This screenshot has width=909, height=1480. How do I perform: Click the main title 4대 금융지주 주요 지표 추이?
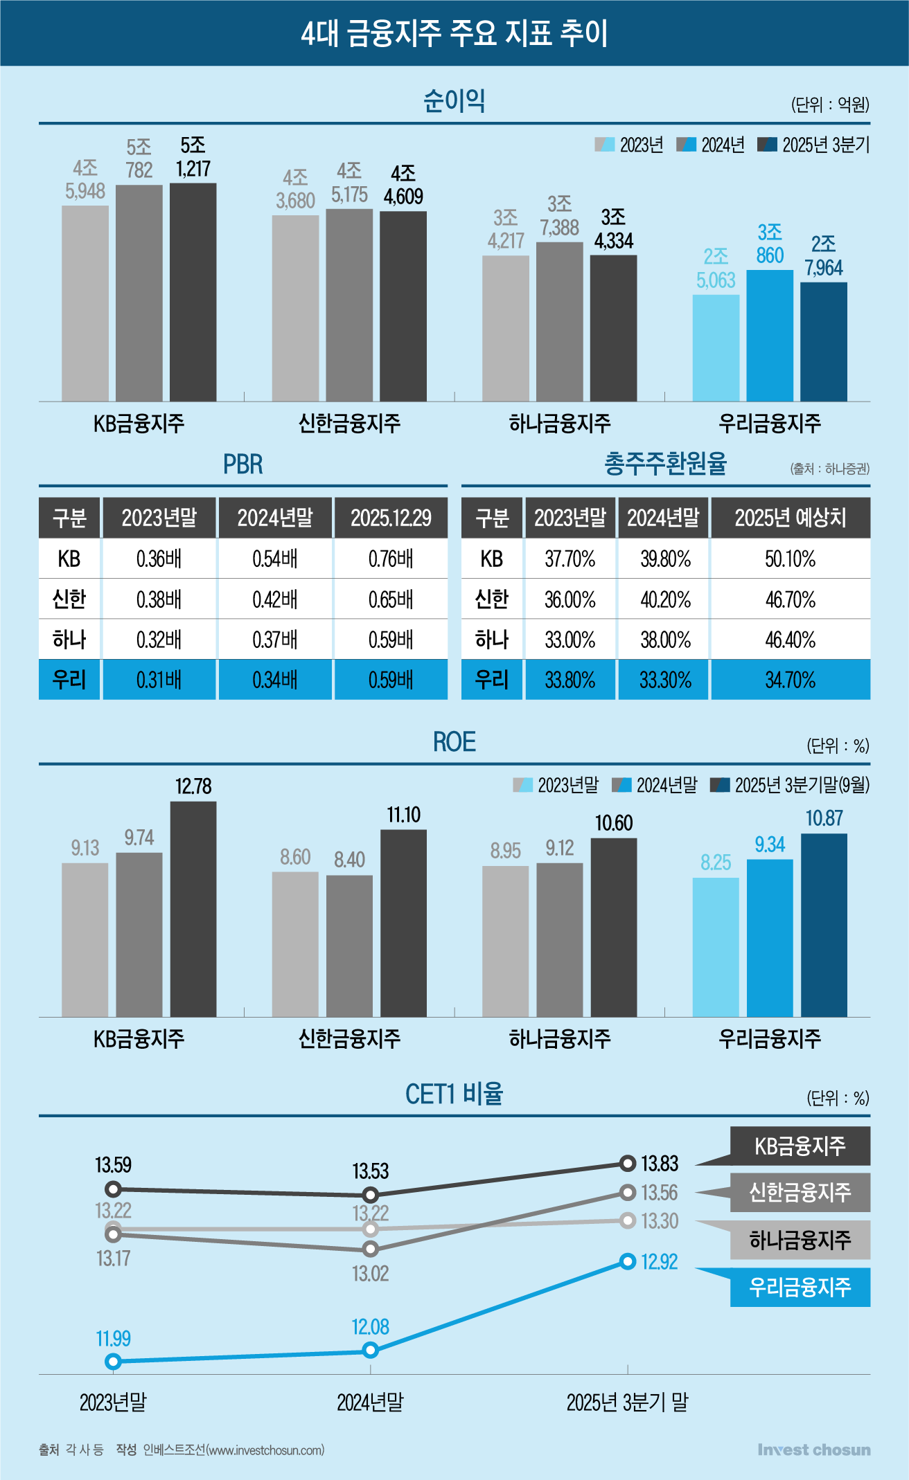pyautogui.click(x=454, y=33)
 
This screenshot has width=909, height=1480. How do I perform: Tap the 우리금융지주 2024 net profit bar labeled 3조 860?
pyautogui.click(x=770, y=335)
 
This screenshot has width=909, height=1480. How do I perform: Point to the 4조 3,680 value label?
pyautogui.click(x=295, y=189)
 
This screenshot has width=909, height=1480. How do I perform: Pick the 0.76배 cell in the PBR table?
pyautogui.click(x=391, y=559)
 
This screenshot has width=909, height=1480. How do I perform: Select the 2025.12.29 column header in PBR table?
pyautogui.click(x=391, y=518)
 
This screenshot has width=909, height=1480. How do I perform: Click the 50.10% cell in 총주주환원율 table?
pyautogui.click(x=790, y=559)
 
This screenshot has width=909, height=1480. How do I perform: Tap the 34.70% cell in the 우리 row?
pyautogui.click(x=790, y=680)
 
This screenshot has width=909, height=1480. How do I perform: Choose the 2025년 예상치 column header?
pyautogui.click(x=790, y=518)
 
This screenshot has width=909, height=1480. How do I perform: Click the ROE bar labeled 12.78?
pyautogui.click(x=193, y=908)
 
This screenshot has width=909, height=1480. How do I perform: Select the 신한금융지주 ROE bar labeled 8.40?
pyautogui.click(x=349, y=946)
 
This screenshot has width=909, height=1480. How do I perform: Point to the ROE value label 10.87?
pyautogui.click(x=824, y=818)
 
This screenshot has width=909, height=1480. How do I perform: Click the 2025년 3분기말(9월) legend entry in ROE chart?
pyautogui.click(x=790, y=785)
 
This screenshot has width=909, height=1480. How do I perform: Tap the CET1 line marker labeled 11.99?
pyautogui.click(x=114, y=1362)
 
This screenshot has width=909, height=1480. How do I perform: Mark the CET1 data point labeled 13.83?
pyautogui.click(x=628, y=1164)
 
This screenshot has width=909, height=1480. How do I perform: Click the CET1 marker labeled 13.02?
pyautogui.click(x=371, y=1249)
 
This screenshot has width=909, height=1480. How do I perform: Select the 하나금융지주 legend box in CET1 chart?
pyautogui.click(x=800, y=1240)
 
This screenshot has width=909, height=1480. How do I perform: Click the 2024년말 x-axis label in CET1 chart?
pyautogui.click(x=370, y=1402)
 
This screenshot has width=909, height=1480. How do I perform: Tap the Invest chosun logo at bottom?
pyautogui.click(x=813, y=1450)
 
